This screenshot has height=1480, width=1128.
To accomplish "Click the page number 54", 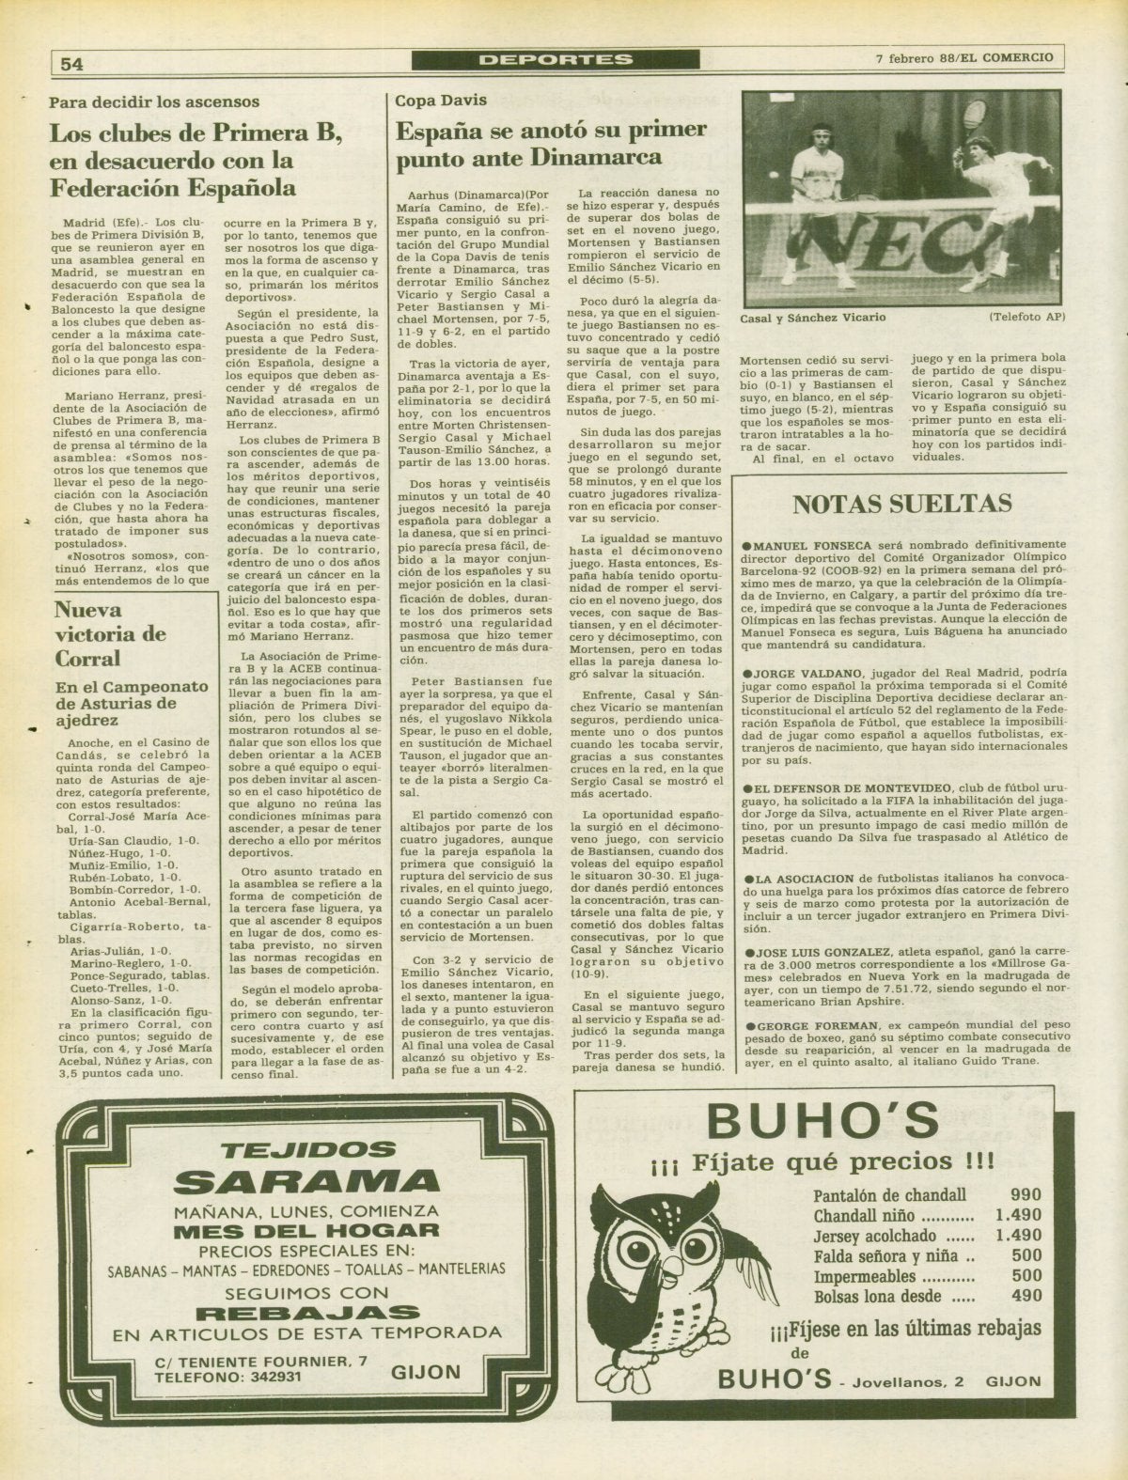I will (71, 63).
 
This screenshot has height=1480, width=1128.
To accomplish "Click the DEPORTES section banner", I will (555, 59).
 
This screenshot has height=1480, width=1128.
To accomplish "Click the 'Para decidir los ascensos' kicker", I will (154, 101).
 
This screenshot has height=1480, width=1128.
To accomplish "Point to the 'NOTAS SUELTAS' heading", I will (902, 504).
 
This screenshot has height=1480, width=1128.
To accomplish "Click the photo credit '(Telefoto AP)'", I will (1027, 317).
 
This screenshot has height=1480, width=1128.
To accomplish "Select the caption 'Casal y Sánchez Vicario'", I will (813, 317).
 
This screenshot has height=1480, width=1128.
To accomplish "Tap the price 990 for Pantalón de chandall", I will (1026, 1195).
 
